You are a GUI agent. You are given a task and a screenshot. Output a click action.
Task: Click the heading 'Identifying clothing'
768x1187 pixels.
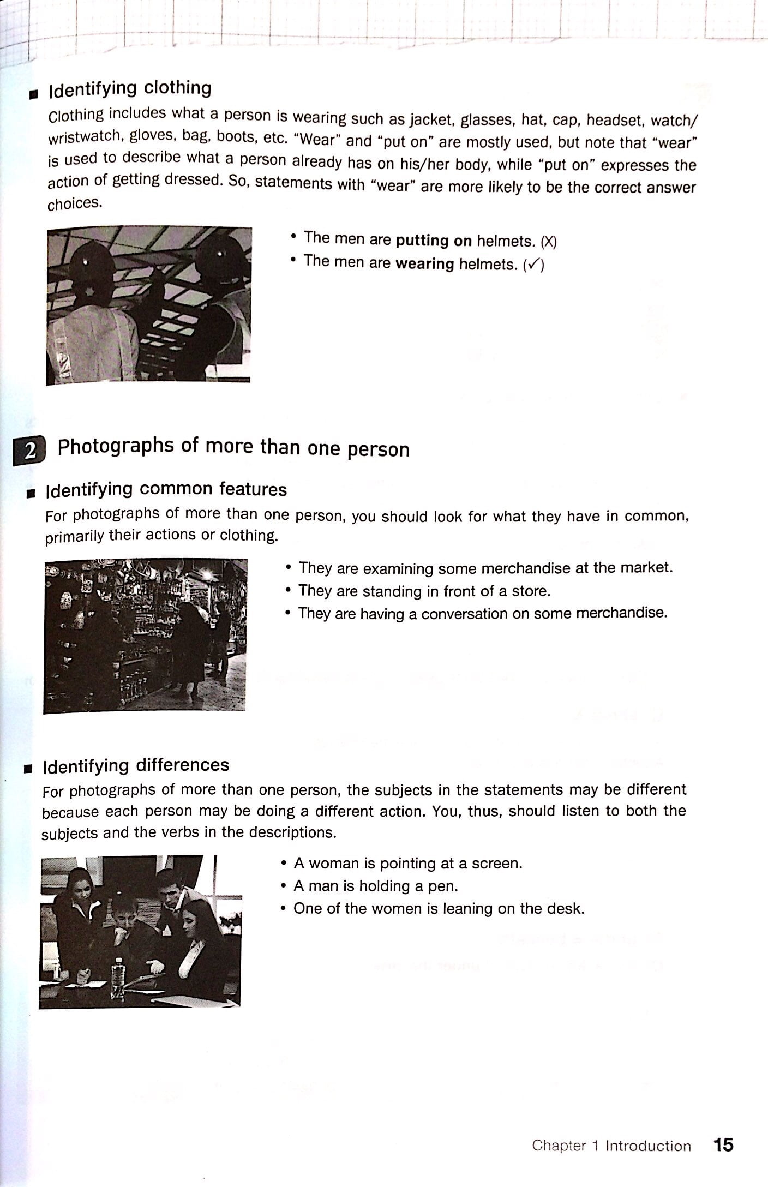130,88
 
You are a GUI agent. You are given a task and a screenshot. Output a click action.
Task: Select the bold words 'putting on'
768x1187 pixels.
434,241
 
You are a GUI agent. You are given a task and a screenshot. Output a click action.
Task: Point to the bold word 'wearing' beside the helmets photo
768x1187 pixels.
424,264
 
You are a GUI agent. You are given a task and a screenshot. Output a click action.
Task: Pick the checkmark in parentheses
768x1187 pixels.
533,266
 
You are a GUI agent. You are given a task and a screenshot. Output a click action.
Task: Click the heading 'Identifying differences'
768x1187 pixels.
136,765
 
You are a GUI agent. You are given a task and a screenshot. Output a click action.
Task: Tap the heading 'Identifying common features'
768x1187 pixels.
166,489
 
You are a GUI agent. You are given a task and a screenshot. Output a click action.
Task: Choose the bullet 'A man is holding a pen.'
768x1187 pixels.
375,886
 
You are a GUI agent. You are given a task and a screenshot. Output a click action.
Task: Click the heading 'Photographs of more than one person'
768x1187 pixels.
233,447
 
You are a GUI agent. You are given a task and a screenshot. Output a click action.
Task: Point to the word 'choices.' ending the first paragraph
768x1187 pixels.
75,204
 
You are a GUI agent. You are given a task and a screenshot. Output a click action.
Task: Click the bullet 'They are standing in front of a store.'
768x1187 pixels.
424,591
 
